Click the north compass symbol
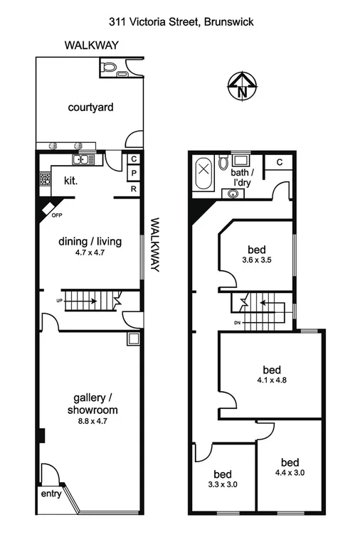tap(242, 86)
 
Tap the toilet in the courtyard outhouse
tap(109, 68)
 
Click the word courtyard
tap(91, 108)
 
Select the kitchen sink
tap(83, 159)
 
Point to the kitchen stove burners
tap(45, 180)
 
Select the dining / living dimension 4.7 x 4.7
tap(90, 252)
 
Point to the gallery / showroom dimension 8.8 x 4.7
tap(90, 421)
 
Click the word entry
tap(51, 492)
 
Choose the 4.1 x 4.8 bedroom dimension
tap(272, 380)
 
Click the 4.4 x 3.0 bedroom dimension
tap(290, 471)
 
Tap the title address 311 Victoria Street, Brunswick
tap(179, 22)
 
